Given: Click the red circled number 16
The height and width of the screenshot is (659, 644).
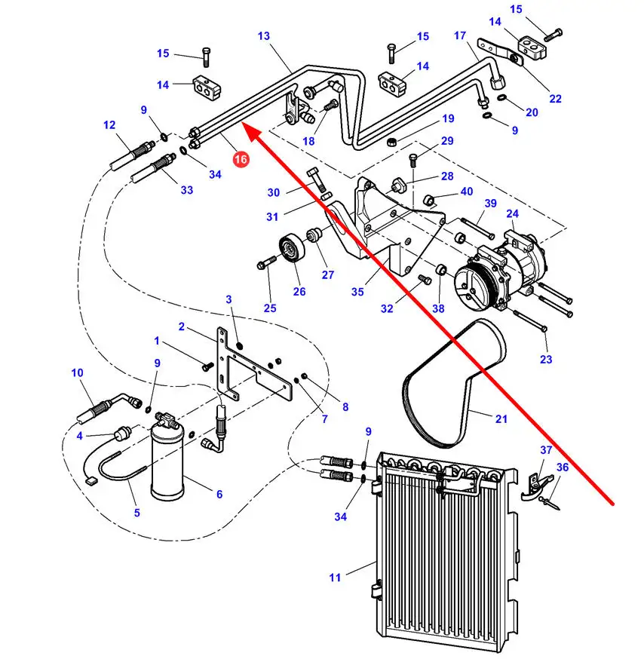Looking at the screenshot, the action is pyautogui.click(x=241, y=159).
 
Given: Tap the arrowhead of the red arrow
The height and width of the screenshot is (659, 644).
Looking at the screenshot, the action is pyautogui.click(x=253, y=135).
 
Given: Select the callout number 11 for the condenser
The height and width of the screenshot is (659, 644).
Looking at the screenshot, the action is pyautogui.click(x=335, y=578).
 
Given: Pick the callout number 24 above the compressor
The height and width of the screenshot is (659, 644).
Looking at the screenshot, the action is pyautogui.click(x=513, y=213).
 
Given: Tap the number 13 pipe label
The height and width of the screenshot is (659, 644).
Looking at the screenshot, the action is pyautogui.click(x=264, y=35).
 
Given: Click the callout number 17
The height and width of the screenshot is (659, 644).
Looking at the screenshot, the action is pyautogui.click(x=460, y=35).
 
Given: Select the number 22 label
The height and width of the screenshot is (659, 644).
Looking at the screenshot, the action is pyautogui.click(x=555, y=98).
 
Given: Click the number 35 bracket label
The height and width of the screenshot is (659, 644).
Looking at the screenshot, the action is pyautogui.click(x=357, y=291).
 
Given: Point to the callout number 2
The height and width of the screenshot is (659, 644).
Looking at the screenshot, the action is pyautogui.click(x=181, y=326).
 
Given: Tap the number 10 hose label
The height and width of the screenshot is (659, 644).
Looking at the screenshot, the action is pyautogui.click(x=78, y=372).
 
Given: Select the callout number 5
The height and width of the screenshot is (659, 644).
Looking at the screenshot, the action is pyautogui.click(x=136, y=513).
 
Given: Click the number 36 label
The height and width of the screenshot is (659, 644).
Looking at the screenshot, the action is pyautogui.click(x=563, y=467).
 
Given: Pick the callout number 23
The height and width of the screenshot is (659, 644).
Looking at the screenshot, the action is pyautogui.click(x=546, y=360).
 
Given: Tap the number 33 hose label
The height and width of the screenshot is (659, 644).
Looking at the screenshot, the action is pyautogui.click(x=187, y=190).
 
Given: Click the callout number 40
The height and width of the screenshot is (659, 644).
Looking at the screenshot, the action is pyautogui.click(x=467, y=192).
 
